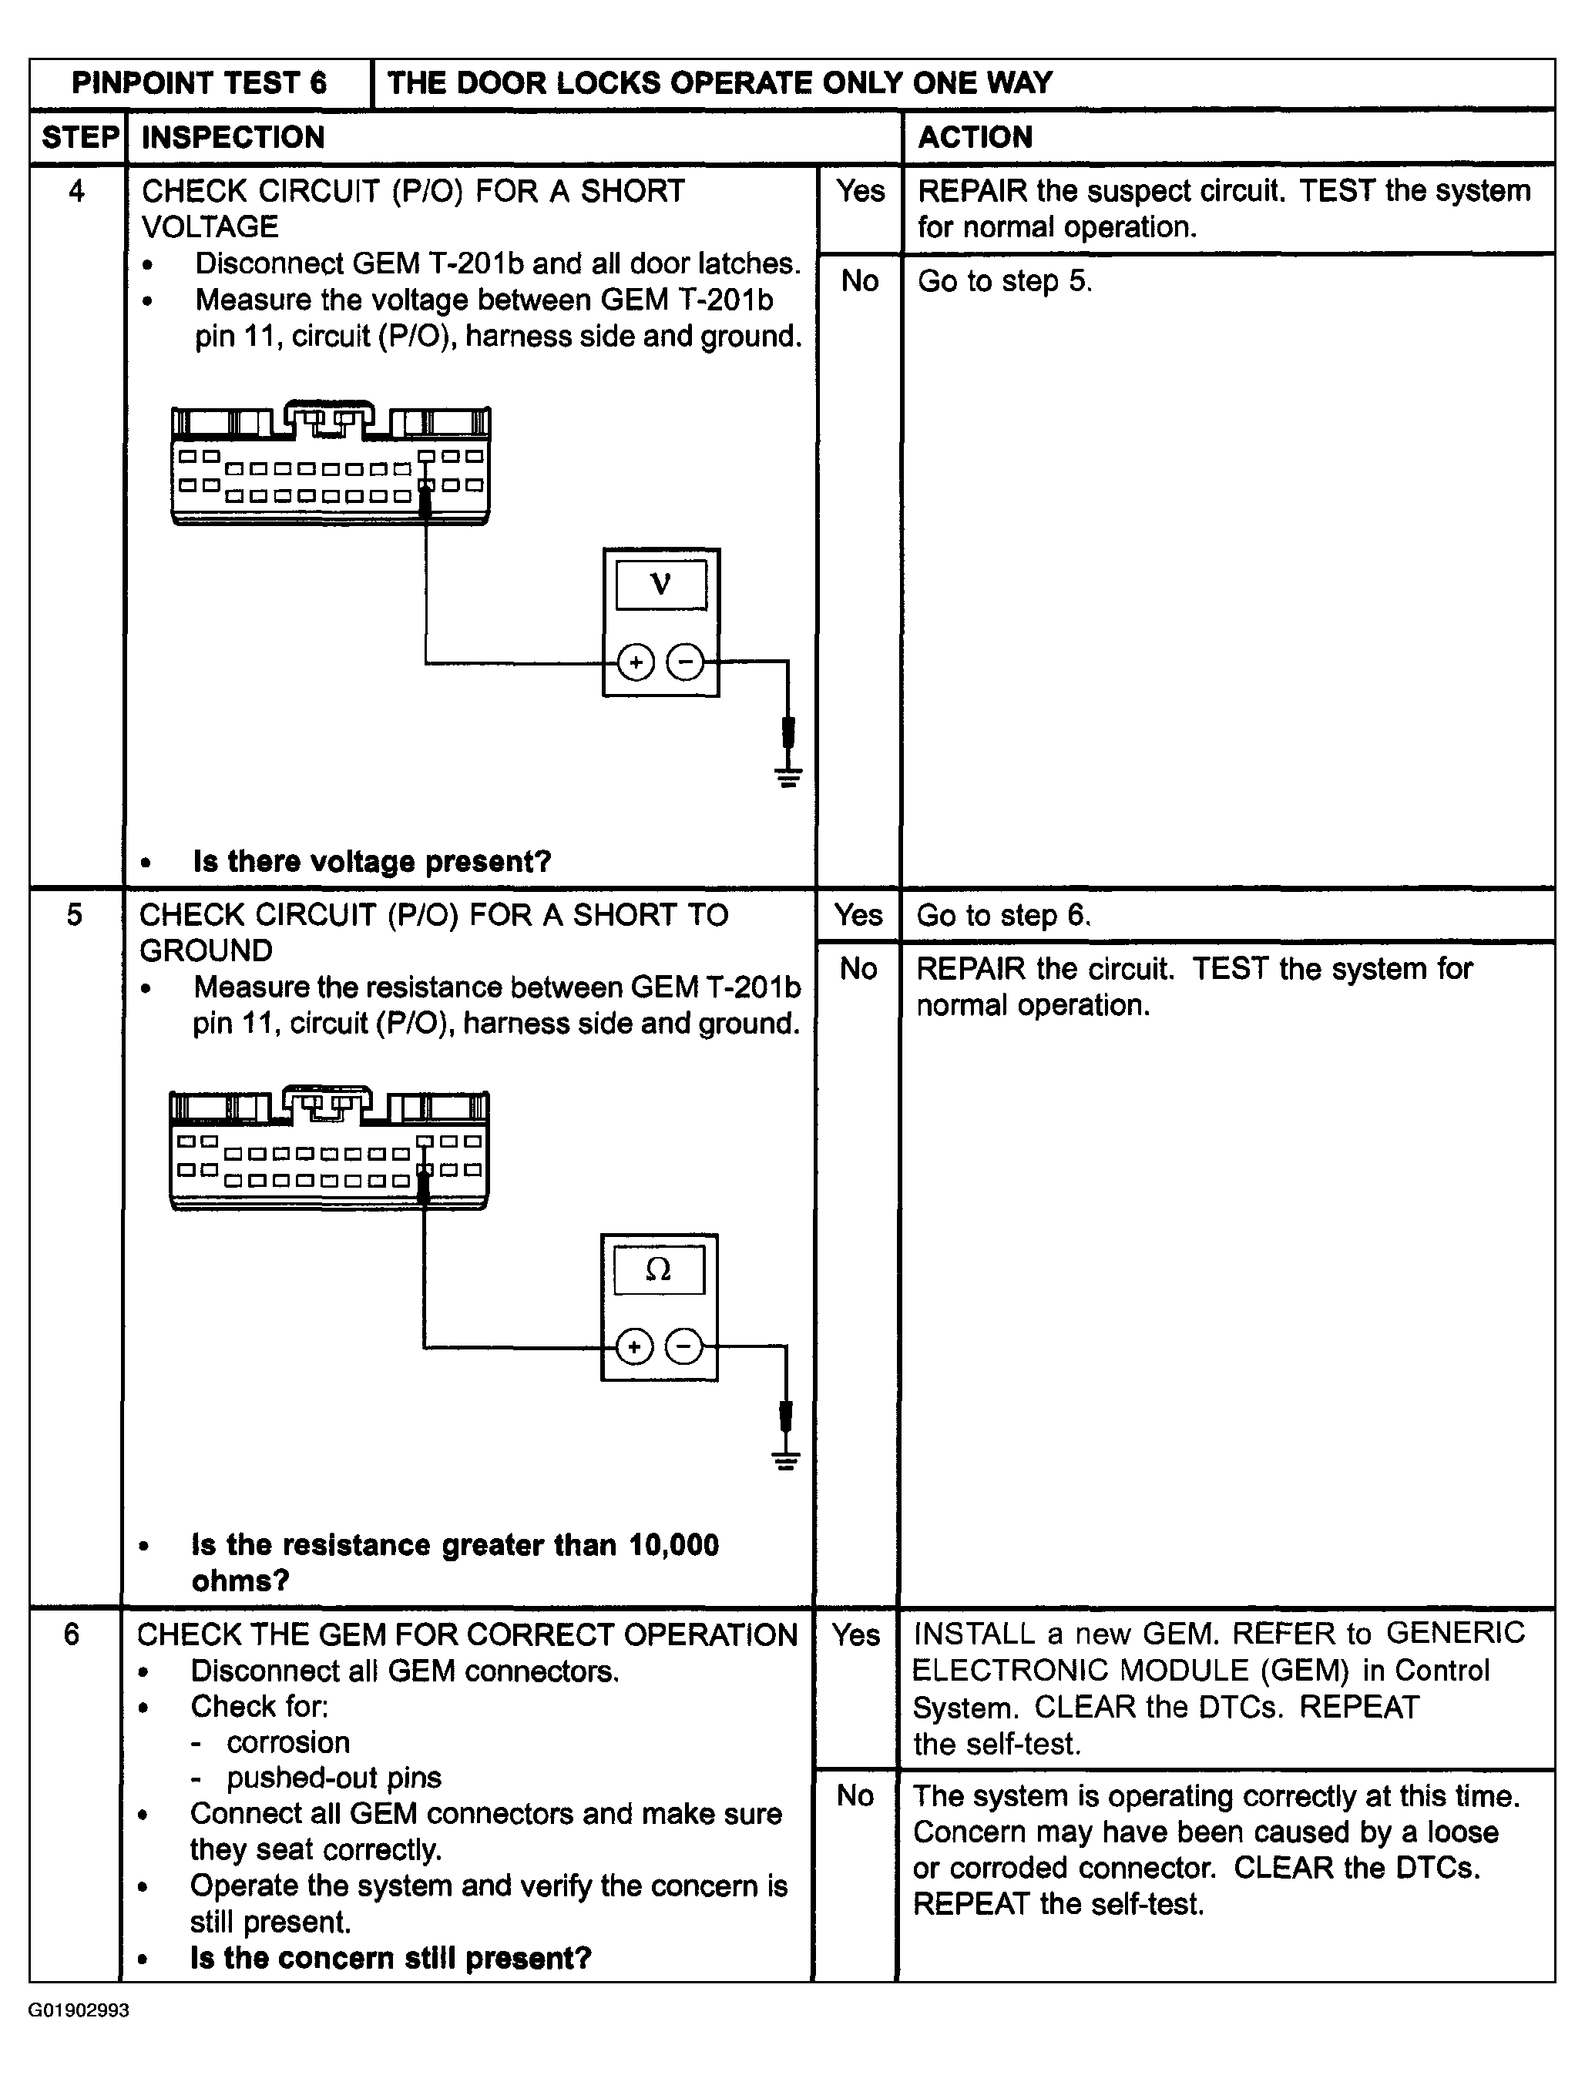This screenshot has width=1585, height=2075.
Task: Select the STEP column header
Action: (79, 138)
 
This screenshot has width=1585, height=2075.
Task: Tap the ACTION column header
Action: (976, 138)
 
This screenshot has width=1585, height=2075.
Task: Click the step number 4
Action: (76, 192)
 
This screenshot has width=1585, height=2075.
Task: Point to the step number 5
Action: (75, 914)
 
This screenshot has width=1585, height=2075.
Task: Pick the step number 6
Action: (72, 1634)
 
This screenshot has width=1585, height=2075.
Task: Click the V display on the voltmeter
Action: (660, 585)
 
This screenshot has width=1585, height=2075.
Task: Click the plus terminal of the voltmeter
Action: (636, 662)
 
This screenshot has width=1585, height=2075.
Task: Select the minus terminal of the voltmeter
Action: (685, 662)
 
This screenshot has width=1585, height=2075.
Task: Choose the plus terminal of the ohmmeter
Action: (634, 1346)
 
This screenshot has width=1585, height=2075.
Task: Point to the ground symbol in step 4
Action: (789, 776)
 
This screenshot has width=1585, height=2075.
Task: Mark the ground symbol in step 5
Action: (786, 1461)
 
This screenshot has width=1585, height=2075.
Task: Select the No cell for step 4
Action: (859, 281)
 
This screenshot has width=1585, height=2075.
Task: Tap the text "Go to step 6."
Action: (1004, 915)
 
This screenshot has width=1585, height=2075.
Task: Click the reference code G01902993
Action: (79, 2010)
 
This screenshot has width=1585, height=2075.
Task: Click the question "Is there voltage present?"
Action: (371, 861)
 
